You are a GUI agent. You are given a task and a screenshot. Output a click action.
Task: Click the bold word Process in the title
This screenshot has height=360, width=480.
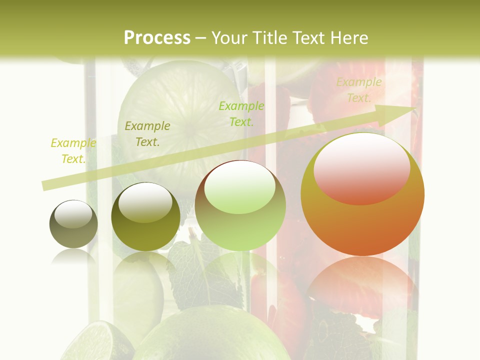tap(157, 38)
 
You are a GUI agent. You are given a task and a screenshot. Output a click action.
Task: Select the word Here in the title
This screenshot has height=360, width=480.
tap(349, 38)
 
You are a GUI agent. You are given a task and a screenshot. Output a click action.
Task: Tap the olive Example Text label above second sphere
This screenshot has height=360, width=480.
tap(147, 134)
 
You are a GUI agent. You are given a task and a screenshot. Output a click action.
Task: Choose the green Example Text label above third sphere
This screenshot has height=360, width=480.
tap(241, 113)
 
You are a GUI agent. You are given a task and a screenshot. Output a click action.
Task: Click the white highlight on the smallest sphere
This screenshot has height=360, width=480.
tap(73, 214)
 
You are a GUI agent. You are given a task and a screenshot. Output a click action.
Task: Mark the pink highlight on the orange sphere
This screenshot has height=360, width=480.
tap(362, 169)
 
